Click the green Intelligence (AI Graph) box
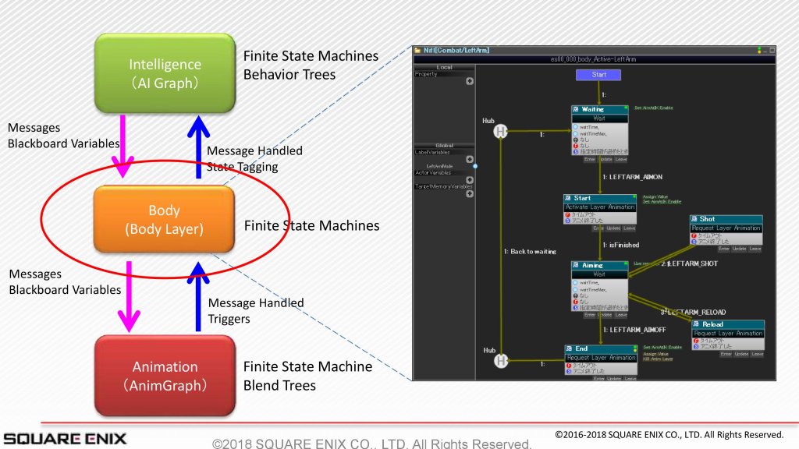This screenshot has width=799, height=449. tap(165, 73)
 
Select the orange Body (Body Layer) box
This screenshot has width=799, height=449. tap(164, 220)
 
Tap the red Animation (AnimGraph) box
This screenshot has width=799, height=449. tap(165, 375)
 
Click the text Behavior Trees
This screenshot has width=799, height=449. tap(289, 75)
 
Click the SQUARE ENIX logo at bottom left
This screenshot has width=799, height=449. tap(64, 438)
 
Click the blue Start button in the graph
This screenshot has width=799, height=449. tap(598, 75)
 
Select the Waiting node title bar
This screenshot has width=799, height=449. tap(598, 109)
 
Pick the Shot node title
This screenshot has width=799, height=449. tap(725, 219)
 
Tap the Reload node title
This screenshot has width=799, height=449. tap(727, 324)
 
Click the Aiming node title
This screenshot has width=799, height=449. tap(598, 265)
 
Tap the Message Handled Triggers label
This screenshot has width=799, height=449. tap(255, 310)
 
